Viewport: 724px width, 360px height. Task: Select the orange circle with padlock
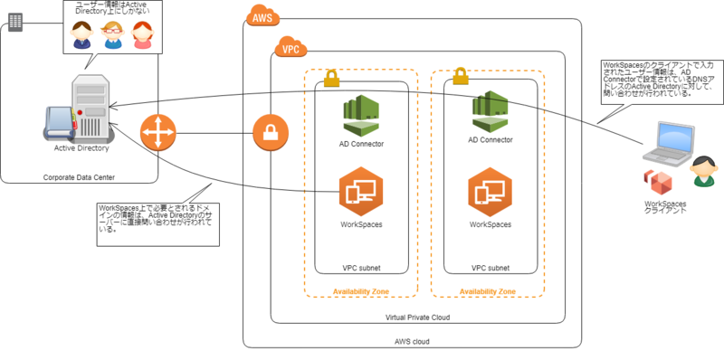point(269,134)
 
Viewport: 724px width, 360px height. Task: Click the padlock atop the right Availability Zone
point(459,72)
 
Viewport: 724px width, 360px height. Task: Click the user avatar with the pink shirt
point(142,34)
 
